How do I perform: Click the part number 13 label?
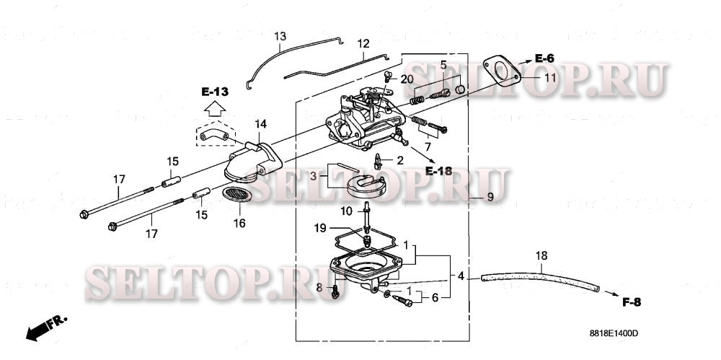point(280,36)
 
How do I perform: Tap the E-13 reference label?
point(214,92)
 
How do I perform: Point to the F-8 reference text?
point(631,302)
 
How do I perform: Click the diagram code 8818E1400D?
point(614,333)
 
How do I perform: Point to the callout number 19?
point(341,229)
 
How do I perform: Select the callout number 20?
point(407,79)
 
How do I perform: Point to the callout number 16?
point(239,224)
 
